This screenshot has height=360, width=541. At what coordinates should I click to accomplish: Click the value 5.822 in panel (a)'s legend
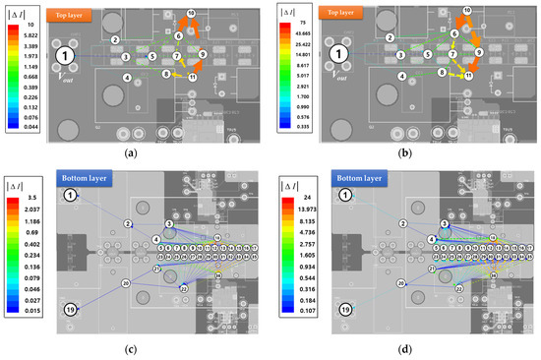coord(29,33)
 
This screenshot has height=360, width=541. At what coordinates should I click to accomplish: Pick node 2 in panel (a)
coord(115,39)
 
